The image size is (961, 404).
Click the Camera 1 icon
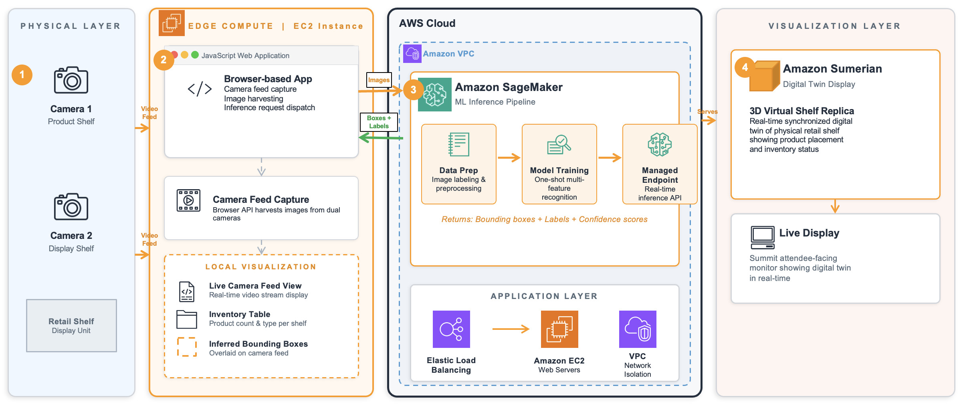click(71, 80)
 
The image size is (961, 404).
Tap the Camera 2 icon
click(71, 207)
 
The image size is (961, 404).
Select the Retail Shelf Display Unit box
click(71, 325)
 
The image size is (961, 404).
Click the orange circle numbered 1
click(22, 75)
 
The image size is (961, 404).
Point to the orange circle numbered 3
click(414, 90)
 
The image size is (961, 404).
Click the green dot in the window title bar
click(195, 55)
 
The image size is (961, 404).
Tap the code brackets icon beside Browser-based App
click(200, 89)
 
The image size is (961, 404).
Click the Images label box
click(379, 80)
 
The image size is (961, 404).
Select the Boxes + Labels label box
click(379, 122)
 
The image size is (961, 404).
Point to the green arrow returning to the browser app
click(381, 138)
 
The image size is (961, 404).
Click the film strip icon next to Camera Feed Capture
click(189, 200)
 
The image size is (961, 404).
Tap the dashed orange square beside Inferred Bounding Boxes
click(187, 347)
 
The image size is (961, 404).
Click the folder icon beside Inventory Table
click(187, 319)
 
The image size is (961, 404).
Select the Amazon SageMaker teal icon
click(434, 95)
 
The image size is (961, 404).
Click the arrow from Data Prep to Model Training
click(509, 158)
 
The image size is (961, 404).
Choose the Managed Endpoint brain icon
click(660, 145)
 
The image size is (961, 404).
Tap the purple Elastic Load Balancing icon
click(451, 329)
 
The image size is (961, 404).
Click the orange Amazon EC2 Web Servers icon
click(559, 329)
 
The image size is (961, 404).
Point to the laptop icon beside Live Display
click(762, 238)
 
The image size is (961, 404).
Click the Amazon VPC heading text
click(448, 54)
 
